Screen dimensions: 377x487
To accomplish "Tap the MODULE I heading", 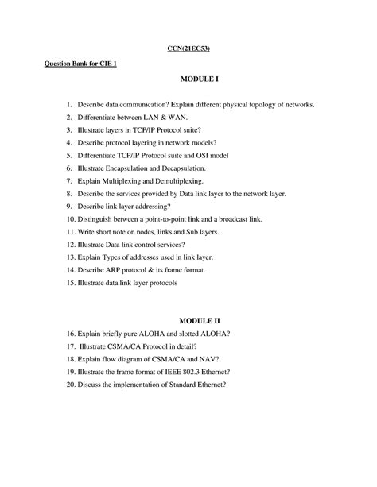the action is click(x=199, y=81).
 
